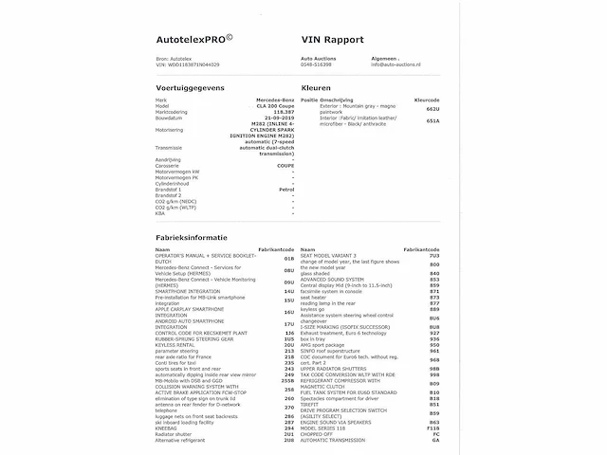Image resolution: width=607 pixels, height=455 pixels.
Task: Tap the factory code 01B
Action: click(288, 258)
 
